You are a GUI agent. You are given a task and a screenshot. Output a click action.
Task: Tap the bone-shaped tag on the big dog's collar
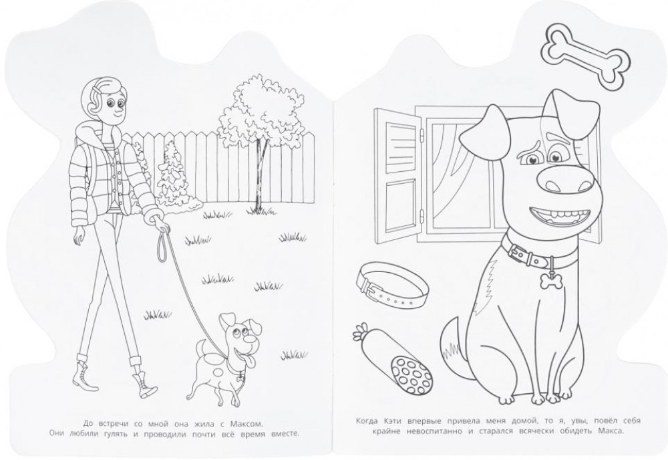(x=550, y=280)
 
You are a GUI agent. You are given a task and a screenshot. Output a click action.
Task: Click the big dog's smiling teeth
(x=558, y=215)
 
